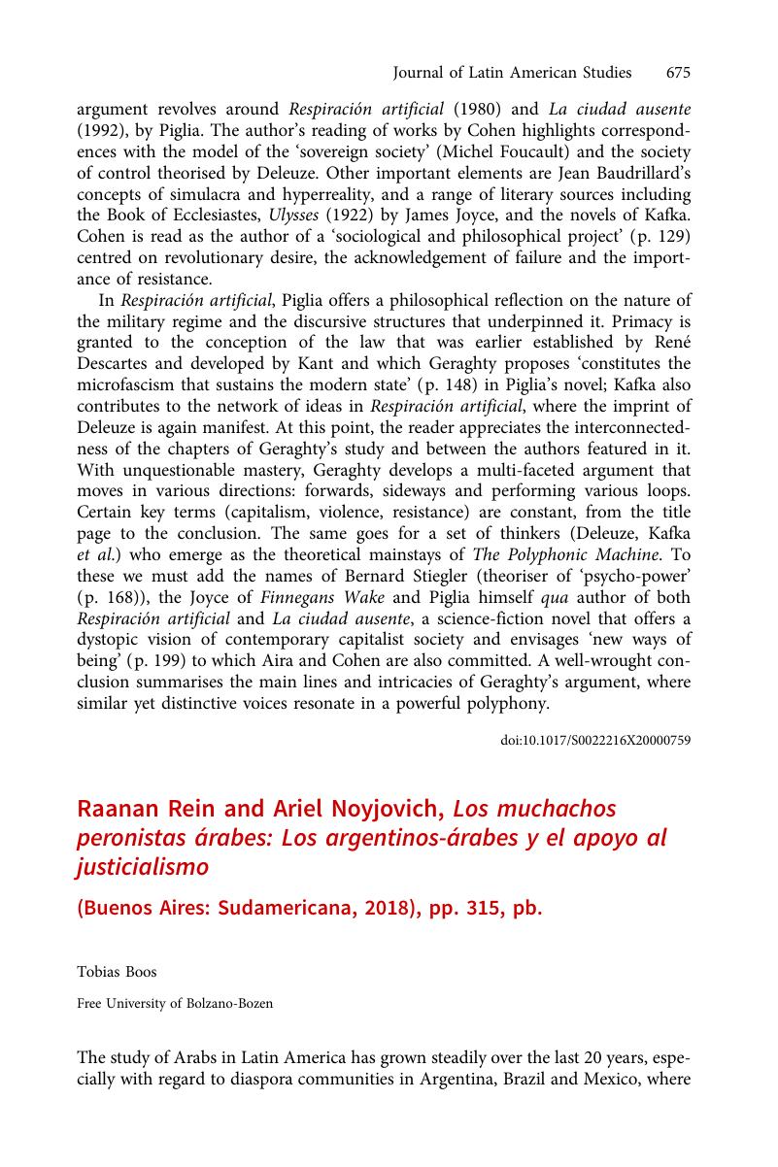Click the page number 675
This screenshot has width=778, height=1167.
tap(678, 73)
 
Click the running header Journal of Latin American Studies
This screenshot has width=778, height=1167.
tap(511, 73)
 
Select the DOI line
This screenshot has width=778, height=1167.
tap(595, 740)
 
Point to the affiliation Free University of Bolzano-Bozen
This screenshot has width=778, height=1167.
tap(175, 1004)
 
